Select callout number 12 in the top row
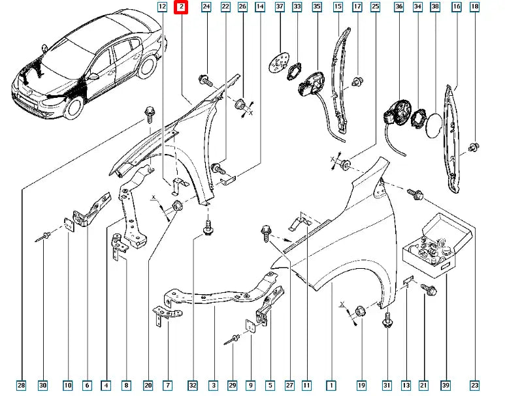(162, 7)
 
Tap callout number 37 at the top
(279, 7)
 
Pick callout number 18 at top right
(475, 7)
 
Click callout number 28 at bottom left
(22, 386)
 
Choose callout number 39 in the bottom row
(446, 386)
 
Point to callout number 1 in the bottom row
(331, 386)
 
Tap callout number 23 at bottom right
(475, 386)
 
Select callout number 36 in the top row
(399, 7)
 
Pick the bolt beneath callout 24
(204, 81)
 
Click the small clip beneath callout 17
(357, 82)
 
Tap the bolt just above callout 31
(387, 320)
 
